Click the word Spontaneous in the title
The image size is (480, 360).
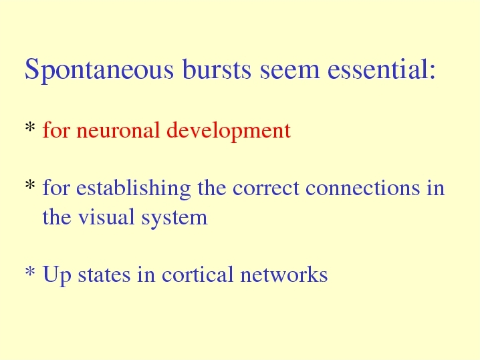(x=99, y=70)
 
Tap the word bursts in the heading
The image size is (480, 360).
(x=217, y=69)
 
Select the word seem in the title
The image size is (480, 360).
(x=289, y=72)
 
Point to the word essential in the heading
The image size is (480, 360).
(x=377, y=69)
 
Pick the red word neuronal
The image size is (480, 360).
(x=118, y=130)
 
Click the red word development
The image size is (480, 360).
(x=229, y=131)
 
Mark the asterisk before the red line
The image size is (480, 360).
(x=29, y=127)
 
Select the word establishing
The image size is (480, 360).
(x=134, y=188)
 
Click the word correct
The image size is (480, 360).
(x=265, y=188)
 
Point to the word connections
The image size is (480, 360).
(x=363, y=188)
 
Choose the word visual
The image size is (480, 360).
(x=106, y=217)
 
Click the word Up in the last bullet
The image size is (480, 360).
(x=57, y=275)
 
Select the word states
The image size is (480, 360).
(x=104, y=275)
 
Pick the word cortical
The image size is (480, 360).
(x=197, y=274)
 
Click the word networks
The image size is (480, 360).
(x=284, y=274)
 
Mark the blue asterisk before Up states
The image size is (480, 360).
(x=29, y=271)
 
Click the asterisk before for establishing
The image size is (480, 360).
(x=29, y=185)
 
